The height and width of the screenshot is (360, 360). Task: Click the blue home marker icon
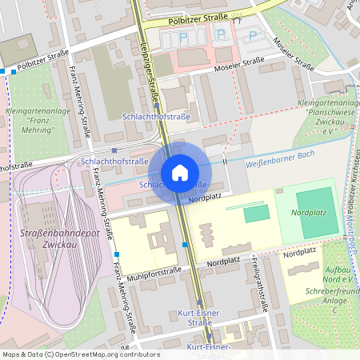pyautogui.click(x=180, y=172)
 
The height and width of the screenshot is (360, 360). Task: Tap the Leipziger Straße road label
pyautogui.click(x=150, y=72)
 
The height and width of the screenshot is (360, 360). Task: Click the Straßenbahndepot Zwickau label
pyautogui.click(x=46, y=238)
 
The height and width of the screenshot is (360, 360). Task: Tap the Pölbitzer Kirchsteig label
pyautogui.click(x=353, y=184)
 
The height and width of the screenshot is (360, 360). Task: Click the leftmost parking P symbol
pyautogui.click(x=183, y=38)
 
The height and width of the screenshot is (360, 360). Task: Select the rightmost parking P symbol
pyautogui.click(x=254, y=36)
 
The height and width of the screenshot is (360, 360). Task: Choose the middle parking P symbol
pyautogui.click(x=220, y=35)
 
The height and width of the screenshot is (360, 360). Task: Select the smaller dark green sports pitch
pyautogui.click(x=256, y=214)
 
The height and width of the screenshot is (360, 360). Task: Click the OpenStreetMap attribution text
pyautogui.click(x=70, y=354)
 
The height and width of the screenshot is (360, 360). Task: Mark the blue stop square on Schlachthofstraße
pyautogui.click(x=114, y=150)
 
